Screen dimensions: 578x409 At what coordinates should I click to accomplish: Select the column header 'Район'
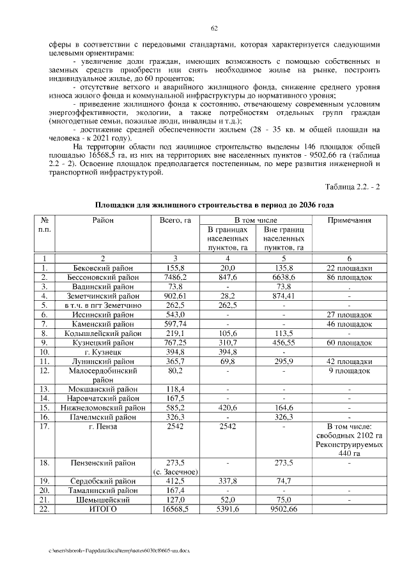(102, 220)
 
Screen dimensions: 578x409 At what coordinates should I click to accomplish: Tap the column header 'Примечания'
(350, 220)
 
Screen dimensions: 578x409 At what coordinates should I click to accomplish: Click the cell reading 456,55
(283, 342)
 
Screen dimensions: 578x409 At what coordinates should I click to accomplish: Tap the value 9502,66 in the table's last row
(283, 509)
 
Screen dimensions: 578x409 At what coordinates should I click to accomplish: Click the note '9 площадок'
(350, 370)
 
